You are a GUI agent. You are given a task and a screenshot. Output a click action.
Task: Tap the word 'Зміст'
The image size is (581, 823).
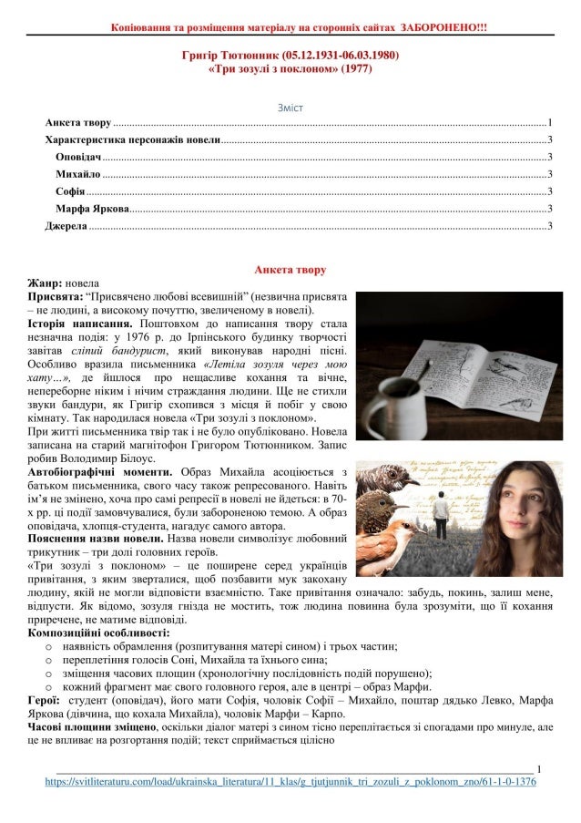coord(290,108)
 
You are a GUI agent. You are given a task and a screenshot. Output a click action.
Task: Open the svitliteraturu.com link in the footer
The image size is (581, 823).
coord(290,782)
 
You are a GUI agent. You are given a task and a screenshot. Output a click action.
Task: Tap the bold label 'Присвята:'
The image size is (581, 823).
coord(54,297)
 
